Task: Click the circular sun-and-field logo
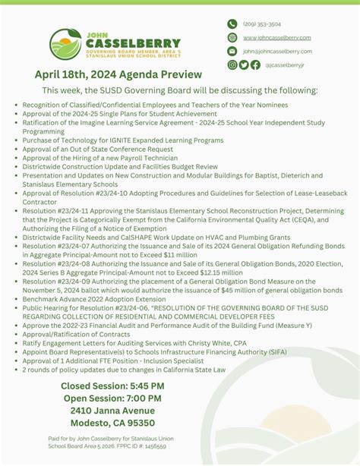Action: click(x=65, y=44)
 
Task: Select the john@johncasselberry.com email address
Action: click(x=277, y=51)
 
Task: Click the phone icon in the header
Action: click(x=232, y=24)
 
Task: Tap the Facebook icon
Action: click(x=255, y=65)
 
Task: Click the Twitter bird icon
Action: click(x=244, y=65)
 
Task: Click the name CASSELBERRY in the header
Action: click(x=133, y=44)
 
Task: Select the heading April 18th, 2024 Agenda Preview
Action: click(x=118, y=74)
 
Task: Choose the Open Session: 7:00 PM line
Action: click(x=113, y=398)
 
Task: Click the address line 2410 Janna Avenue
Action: click(x=113, y=411)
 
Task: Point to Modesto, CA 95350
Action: click(x=113, y=423)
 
